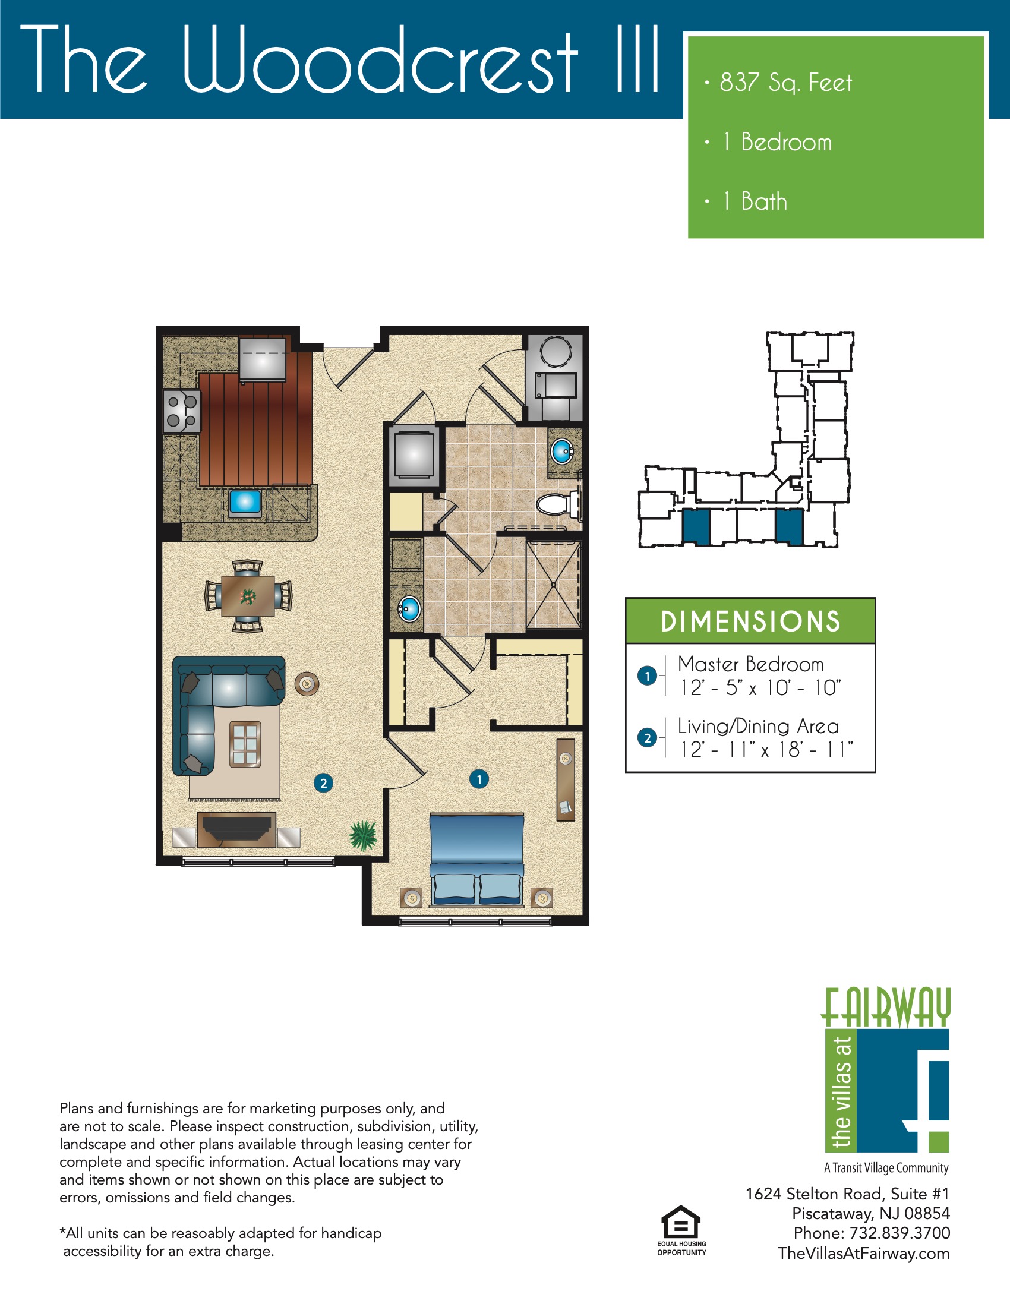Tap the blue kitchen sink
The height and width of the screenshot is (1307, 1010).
pyautogui.click(x=245, y=501)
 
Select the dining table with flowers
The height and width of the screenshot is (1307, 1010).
pyautogui.click(x=248, y=595)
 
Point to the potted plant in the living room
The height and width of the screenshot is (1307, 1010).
pyautogui.click(x=362, y=835)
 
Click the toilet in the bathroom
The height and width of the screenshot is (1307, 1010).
pyautogui.click(x=556, y=504)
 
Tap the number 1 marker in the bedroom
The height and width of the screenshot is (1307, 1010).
pyautogui.click(x=479, y=779)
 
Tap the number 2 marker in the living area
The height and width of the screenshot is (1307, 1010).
pyautogui.click(x=323, y=783)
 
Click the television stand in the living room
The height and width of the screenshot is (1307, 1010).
pyautogui.click(x=236, y=829)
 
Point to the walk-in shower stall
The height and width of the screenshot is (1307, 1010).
pyautogui.click(x=554, y=584)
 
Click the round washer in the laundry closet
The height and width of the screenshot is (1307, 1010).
pyautogui.click(x=556, y=351)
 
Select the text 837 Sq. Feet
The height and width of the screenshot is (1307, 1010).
pyautogui.click(x=785, y=83)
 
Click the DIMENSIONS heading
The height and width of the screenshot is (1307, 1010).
pyautogui.click(x=750, y=621)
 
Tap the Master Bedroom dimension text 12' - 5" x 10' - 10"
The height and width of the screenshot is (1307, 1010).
pyautogui.click(x=760, y=687)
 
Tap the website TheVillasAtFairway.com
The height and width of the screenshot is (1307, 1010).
pyautogui.click(x=863, y=1253)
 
